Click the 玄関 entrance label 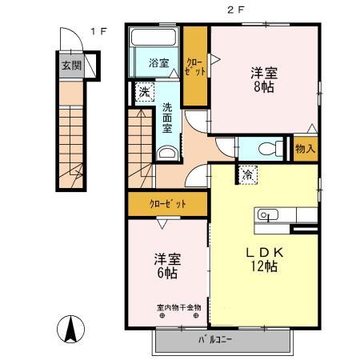(x=71, y=66)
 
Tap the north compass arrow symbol (x=71, y=329)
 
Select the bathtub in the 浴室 (x=154, y=37)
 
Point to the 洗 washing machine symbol (x=145, y=92)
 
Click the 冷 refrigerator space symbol (x=248, y=175)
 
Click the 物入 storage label (x=306, y=149)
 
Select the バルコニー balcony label (x=215, y=340)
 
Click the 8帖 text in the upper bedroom (x=264, y=87)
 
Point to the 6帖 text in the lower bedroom (x=167, y=273)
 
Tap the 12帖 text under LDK (x=264, y=266)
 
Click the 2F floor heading (x=236, y=10)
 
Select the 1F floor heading (x=98, y=31)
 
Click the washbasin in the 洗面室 (x=167, y=153)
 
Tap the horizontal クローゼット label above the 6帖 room (x=168, y=204)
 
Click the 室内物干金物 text (x=179, y=308)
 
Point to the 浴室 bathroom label (x=159, y=63)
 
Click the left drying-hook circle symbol (x=162, y=316)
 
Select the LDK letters (x=264, y=252)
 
